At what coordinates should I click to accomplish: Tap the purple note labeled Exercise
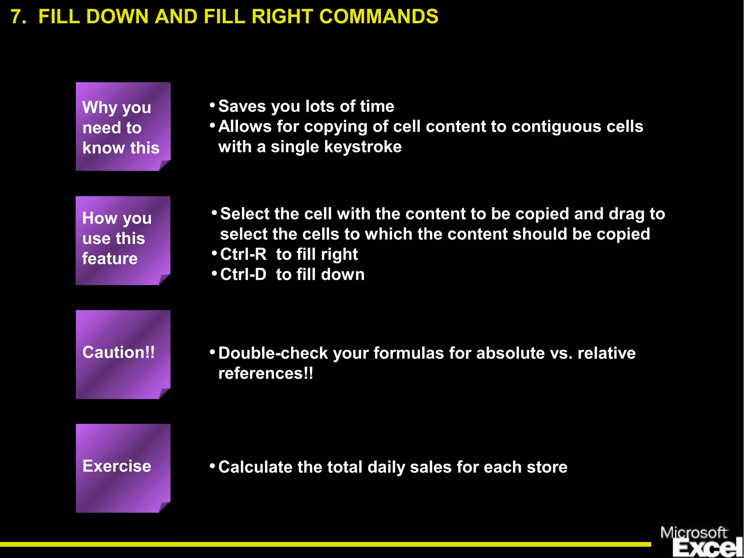(x=123, y=468)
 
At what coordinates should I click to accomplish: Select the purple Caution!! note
(x=123, y=354)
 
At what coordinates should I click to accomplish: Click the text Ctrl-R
(x=243, y=254)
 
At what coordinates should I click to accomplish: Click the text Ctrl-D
(x=243, y=275)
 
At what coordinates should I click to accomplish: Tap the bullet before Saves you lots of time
(x=213, y=105)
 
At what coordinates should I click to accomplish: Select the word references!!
(x=266, y=374)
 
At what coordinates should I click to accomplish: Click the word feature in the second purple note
(x=110, y=259)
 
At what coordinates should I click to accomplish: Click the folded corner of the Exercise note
(x=165, y=507)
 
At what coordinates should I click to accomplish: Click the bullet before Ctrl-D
(x=214, y=273)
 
